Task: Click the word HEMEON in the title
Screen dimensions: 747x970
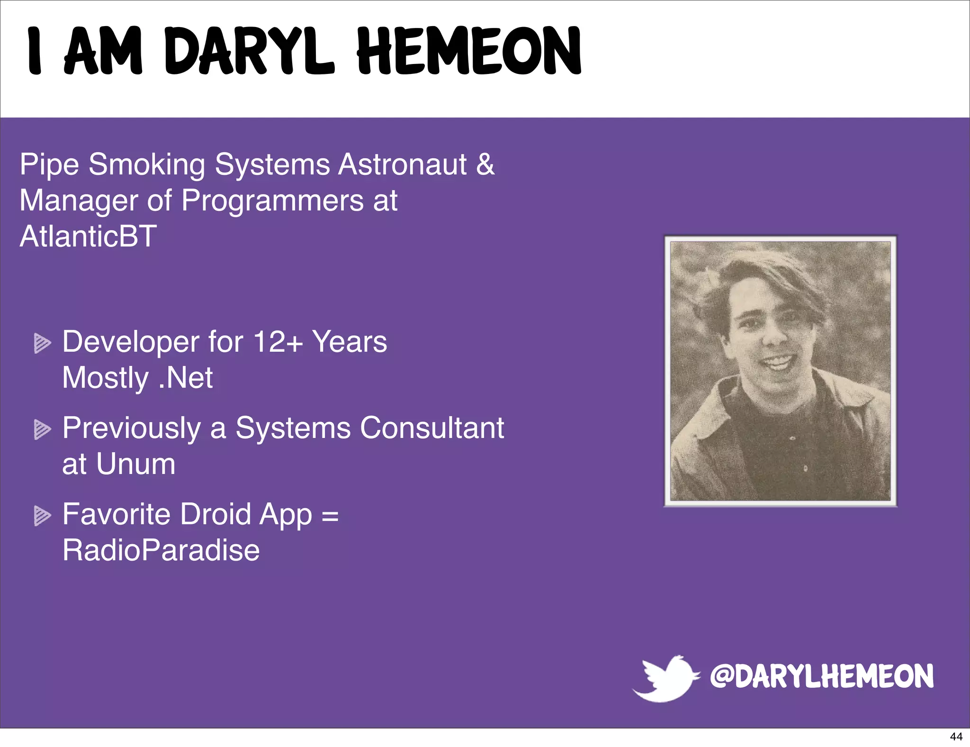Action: tap(469, 51)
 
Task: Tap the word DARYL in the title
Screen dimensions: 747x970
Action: tap(250, 51)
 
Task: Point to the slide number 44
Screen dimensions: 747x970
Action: tap(956, 737)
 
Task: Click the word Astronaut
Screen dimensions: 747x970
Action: tap(402, 164)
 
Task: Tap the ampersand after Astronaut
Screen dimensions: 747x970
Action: tap(485, 164)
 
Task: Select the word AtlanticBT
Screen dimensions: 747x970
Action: tap(88, 236)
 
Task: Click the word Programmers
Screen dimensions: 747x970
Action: tap(272, 200)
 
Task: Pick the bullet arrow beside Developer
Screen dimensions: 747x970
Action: tap(42, 343)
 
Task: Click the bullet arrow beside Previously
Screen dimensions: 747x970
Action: tap(42, 429)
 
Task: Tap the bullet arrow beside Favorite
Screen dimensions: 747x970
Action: tap(42, 516)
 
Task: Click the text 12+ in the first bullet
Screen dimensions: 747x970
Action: tap(278, 342)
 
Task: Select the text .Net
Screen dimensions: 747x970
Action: tap(186, 378)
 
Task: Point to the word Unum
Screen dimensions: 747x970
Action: tap(135, 464)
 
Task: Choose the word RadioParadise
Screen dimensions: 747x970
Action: tap(161, 550)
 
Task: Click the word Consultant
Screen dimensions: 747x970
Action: tap(431, 428)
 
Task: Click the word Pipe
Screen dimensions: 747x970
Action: tap(49, 165)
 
